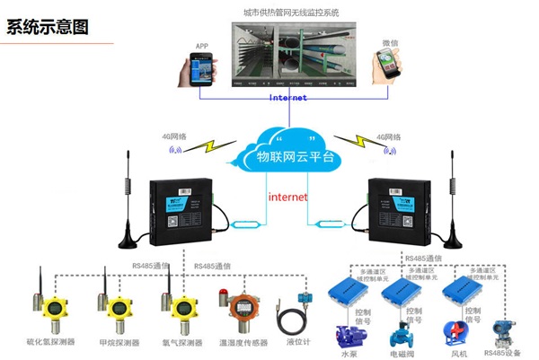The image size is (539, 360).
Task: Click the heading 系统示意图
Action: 49,26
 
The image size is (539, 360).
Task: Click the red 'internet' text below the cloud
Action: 288,196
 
